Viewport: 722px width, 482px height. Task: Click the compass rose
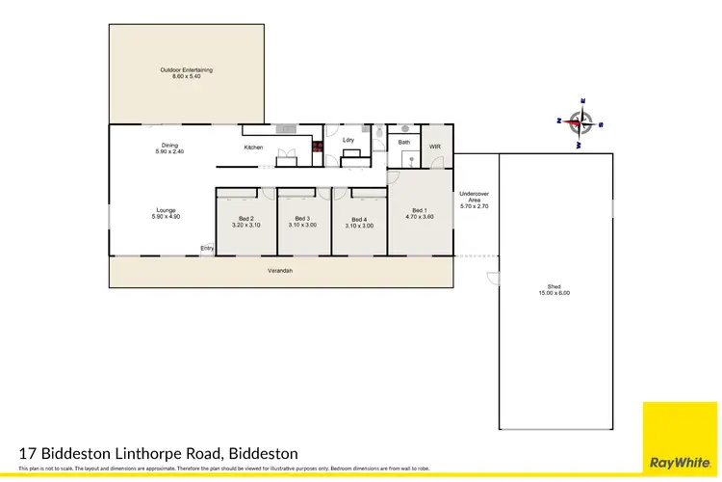coord(580,122)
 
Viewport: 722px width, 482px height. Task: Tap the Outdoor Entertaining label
coord(186,69)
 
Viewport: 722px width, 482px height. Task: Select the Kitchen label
coord(253,147)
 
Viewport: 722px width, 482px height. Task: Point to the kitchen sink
coord(286,129)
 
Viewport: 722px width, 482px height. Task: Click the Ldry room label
coord(348,141)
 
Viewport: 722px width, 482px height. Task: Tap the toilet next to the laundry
coord(380,132)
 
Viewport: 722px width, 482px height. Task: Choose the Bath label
coord(404,143)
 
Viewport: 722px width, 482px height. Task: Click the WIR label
coord(434,147)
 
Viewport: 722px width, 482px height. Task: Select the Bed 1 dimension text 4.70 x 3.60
coord(419,216)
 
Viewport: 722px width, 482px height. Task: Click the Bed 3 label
coord(303,219)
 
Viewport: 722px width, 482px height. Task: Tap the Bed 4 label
coord(357,220)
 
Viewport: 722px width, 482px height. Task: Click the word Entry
coord(207,248)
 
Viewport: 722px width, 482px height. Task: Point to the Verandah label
coord(280,271)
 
